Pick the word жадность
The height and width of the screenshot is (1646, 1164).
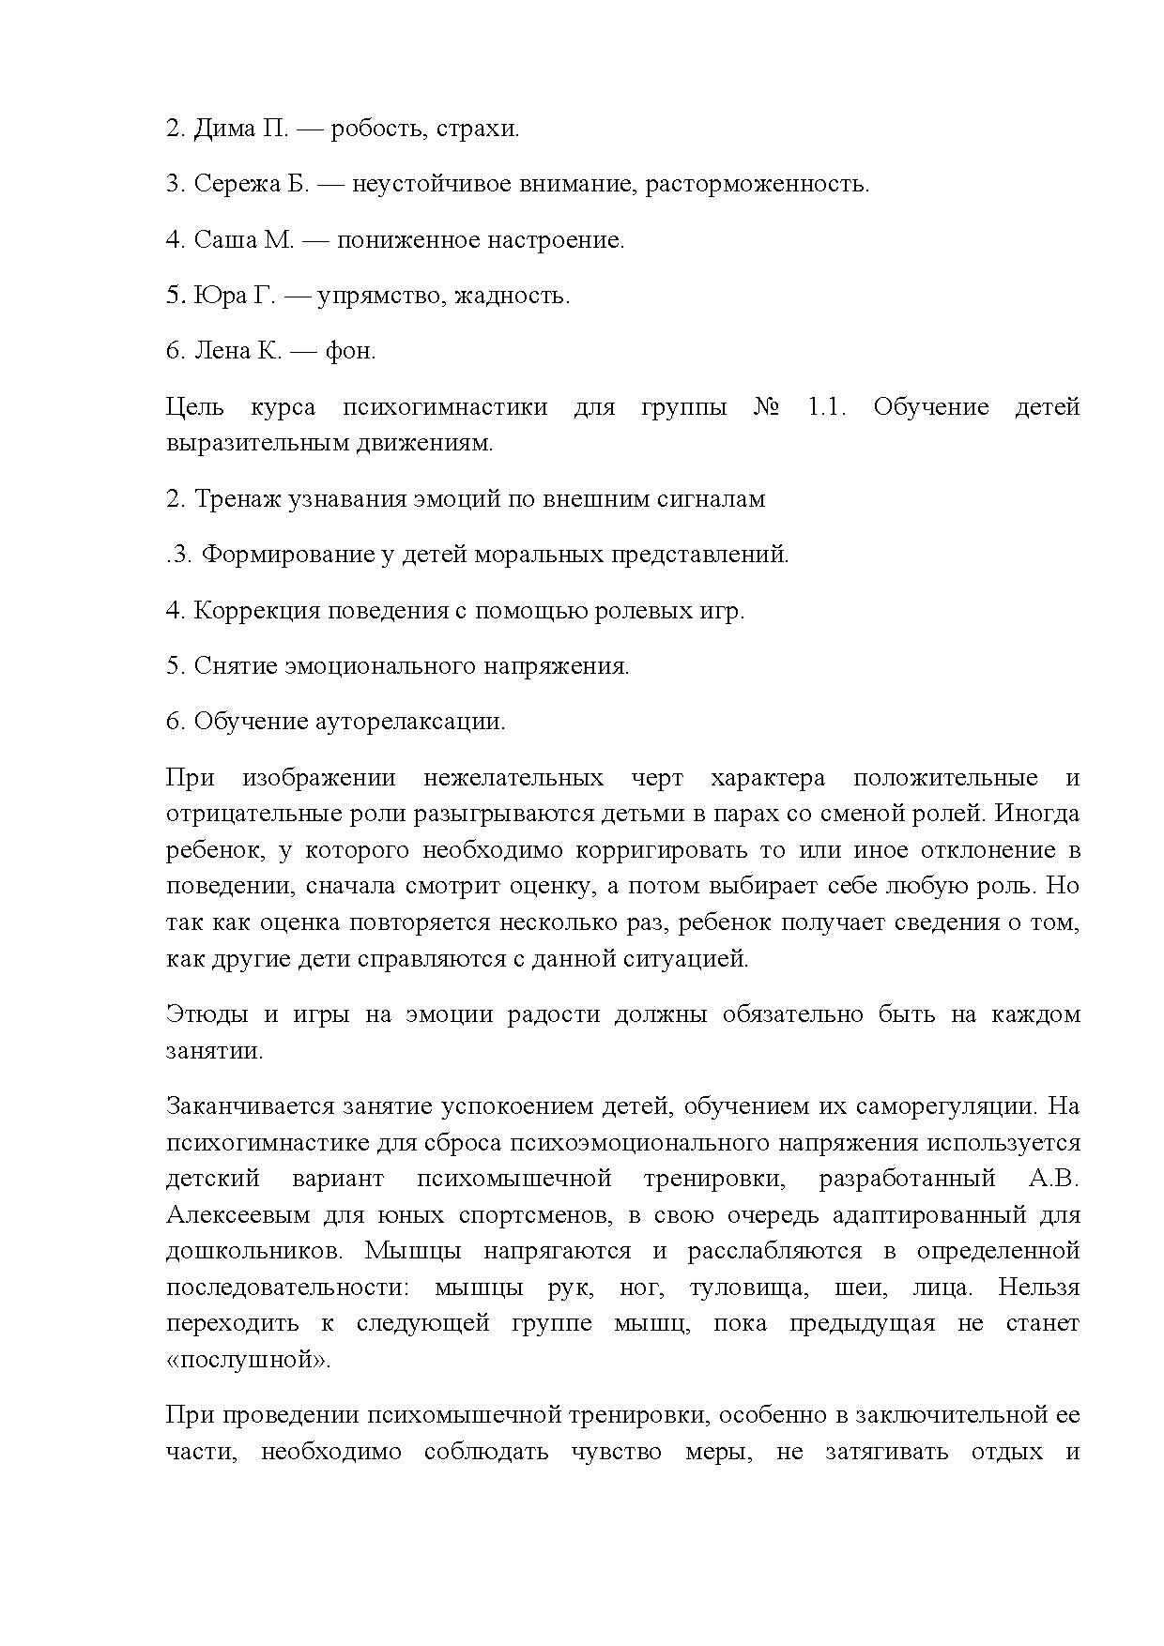tap(512, 297)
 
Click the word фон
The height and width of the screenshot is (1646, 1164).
tap(350, 351)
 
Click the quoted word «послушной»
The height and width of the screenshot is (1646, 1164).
tap(248, 1360)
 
